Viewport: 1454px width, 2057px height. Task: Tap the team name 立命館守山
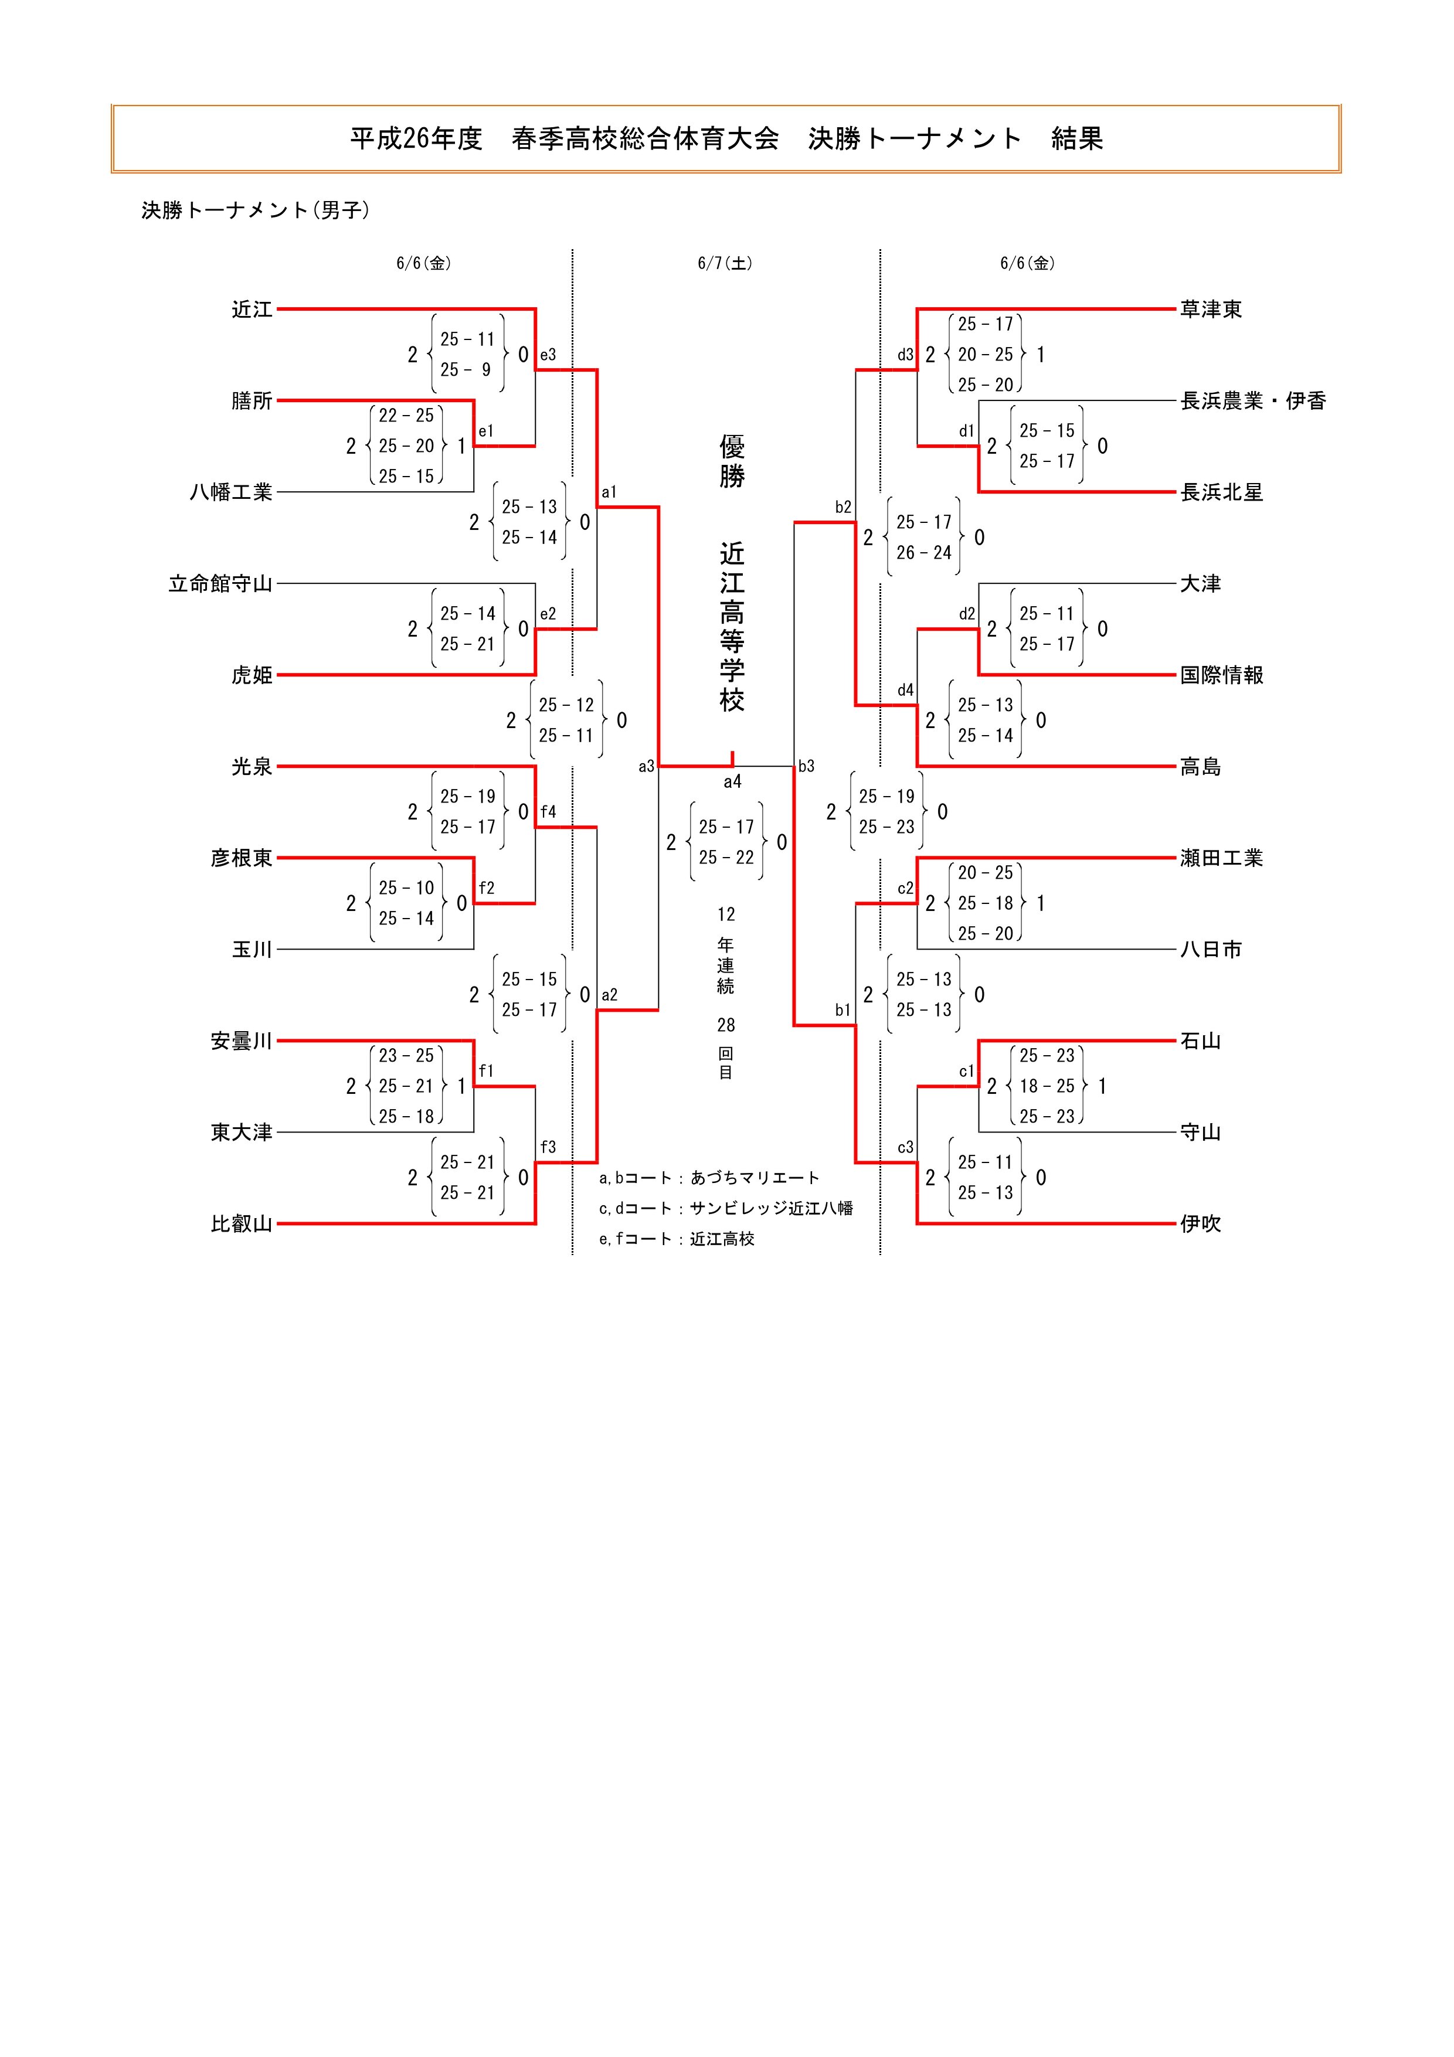click(220, 584)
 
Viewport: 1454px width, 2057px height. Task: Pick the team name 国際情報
click(1221, 675)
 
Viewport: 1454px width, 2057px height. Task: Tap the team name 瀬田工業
click(1221, 858)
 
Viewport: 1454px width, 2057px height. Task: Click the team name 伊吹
click(1201, 1224)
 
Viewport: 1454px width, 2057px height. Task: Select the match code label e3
click(548, 355)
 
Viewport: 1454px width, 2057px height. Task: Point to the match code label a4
click(733, 782)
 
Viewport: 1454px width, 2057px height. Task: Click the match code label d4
click(906, 690)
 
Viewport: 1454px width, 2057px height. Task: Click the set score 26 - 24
click(923, 553)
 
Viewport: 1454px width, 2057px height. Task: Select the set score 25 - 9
click(466, 370)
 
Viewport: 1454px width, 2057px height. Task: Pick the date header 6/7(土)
click(725, 263)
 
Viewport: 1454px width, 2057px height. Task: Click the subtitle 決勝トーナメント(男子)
click(255, 210)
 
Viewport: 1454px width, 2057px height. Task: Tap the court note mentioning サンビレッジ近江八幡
click(726, 1209)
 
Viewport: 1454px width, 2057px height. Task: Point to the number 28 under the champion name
click(726, 1025)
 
